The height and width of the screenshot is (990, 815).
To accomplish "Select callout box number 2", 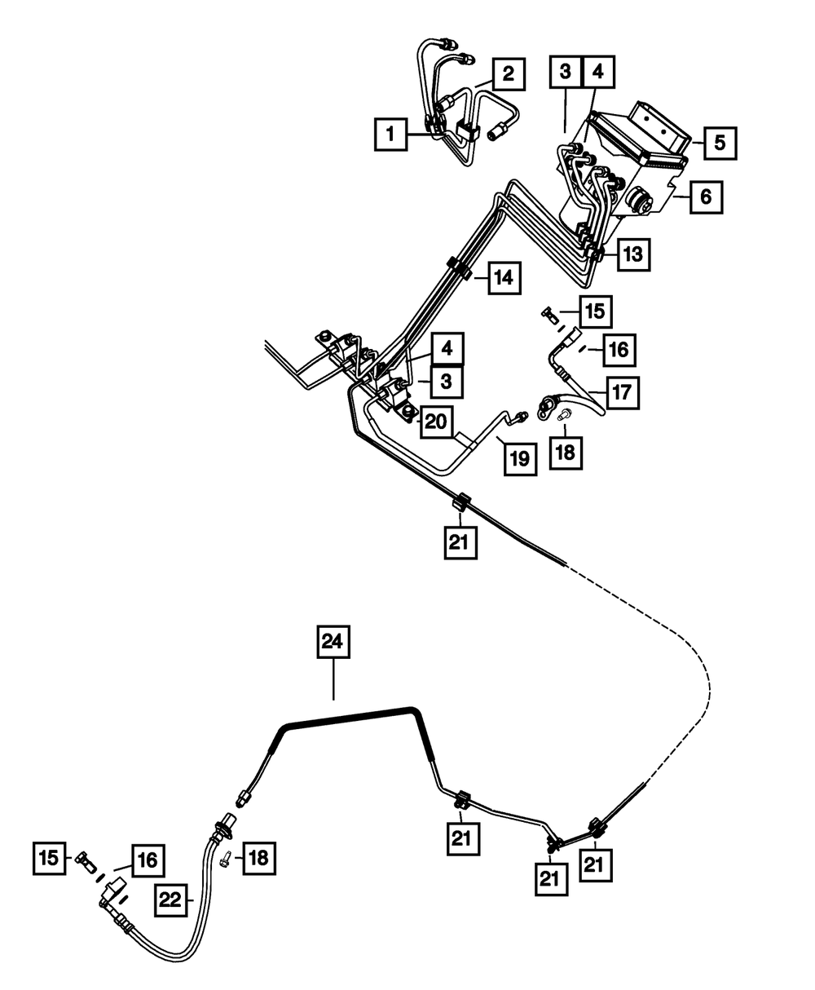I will tap(508, 75).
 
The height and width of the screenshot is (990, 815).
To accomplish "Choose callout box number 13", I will tap(632, 254).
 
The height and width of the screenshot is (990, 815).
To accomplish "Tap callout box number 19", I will tap(520, 457).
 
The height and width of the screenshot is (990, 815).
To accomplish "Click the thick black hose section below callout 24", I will tap(350, 715).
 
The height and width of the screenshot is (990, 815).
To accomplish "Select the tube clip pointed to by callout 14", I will tap(458, 268).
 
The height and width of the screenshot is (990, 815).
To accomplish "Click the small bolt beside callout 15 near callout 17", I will tap(548, 313).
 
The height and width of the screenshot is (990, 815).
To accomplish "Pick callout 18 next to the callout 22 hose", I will tap(258, 858).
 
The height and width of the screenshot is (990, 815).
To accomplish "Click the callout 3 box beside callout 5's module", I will tap(566, 72).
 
